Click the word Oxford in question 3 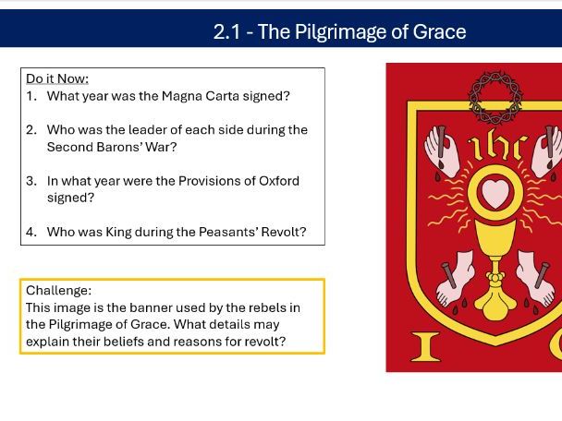point(277,181)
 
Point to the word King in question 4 point(118,232)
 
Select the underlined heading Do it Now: point(57,78)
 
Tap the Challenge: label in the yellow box point(58,290)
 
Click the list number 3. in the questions point(32,181)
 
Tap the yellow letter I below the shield point(425,346)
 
